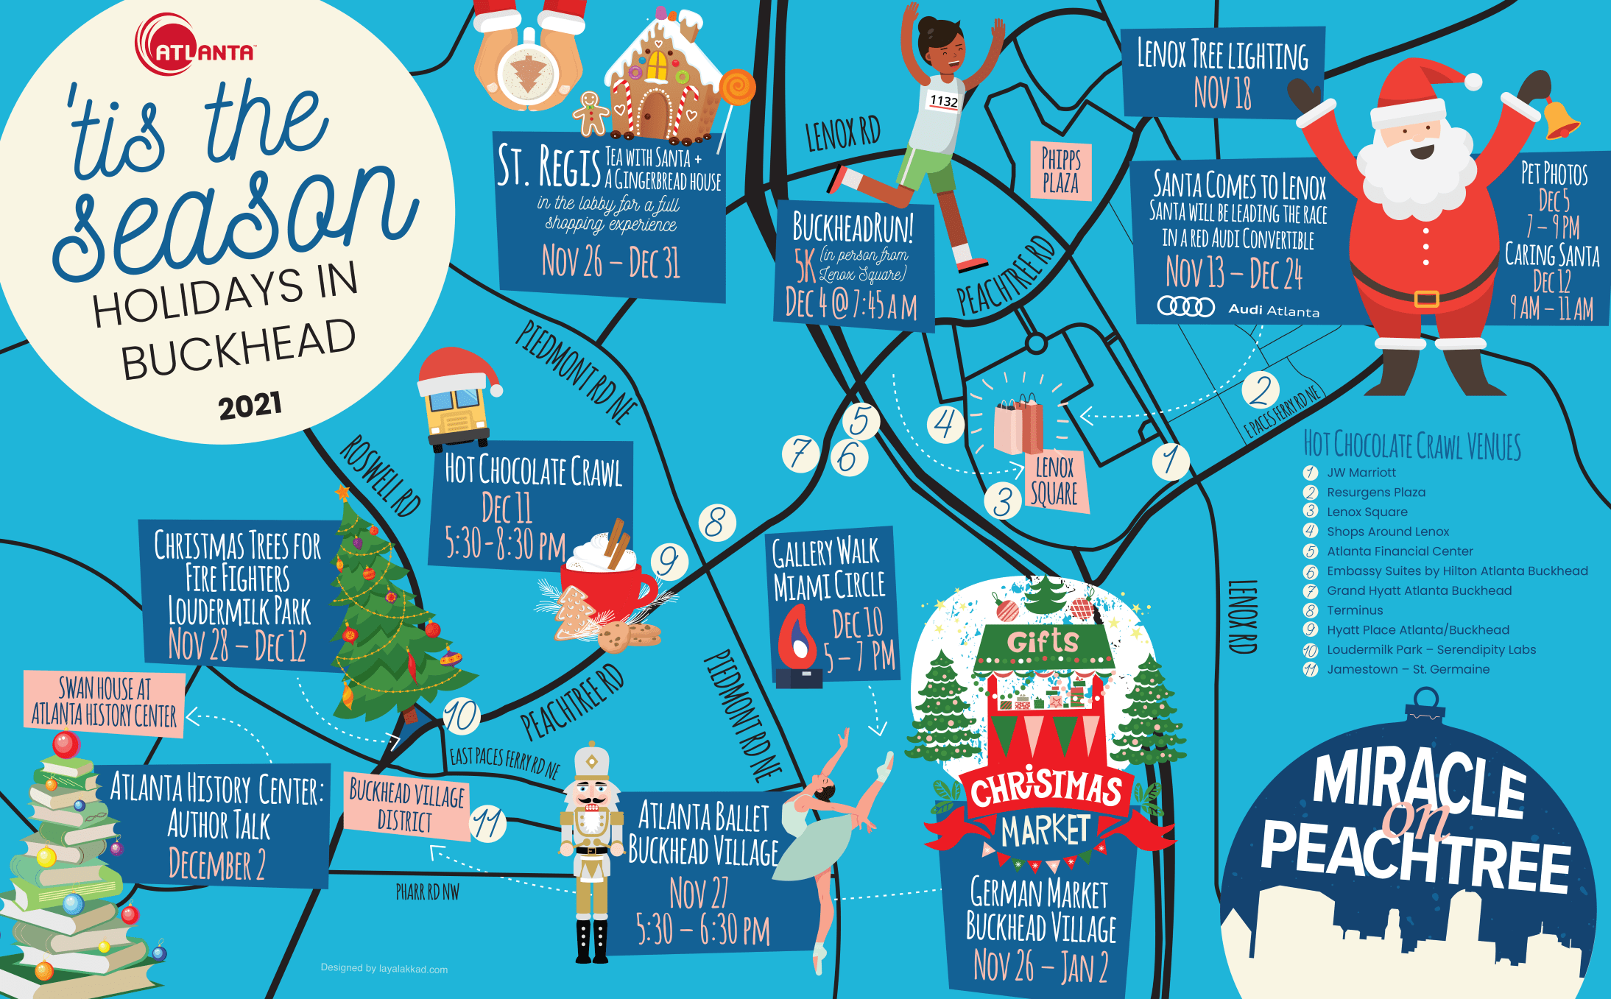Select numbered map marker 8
716,523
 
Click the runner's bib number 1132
943,101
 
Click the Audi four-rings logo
1185,306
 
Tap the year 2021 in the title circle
250,406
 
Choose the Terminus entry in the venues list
1354,610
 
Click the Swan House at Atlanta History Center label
104,702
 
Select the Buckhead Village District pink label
406,807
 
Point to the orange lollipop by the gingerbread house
737,88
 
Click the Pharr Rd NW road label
427,892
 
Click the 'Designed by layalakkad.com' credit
384,969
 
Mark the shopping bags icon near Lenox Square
1019,426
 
